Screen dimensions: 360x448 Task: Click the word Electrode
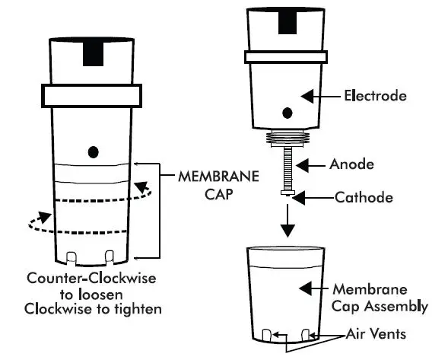click(x=374, y=97)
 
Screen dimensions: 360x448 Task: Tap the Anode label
click(x=351, y=164)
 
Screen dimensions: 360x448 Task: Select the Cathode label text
click(x=364, y=197)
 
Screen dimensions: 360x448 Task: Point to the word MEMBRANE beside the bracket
click(x=216, y=175)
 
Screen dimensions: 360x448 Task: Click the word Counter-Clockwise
click(x=90, y=279)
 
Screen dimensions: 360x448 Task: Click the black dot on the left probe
click(x=93, y=151)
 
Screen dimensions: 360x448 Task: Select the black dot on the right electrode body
click(x=288, y=113)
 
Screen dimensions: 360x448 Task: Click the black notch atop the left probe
click(x=93, y=54)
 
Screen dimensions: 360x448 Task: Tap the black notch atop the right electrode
click(x=288, y=20)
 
